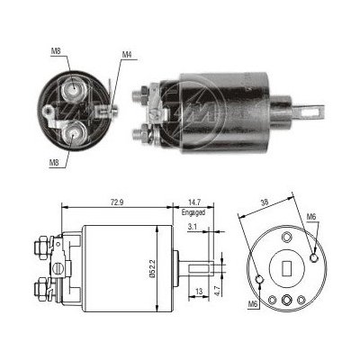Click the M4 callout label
pyautogui.click(x=127, y=55)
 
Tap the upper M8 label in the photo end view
pyautogui.click(x=56, y=51)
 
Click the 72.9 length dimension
pyautogui.click(x=117, y=202)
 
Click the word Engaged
pyautogui.click(x=193, y=212)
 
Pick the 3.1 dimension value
pyautogui.click(x=192, y=227)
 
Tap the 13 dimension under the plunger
pyautogui.click(x=198, y=291)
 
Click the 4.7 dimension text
pyautogui.click(x=218, y=291)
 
